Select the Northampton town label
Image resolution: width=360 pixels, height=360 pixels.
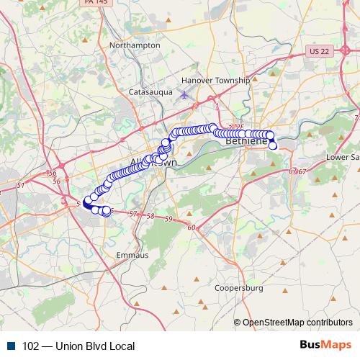134,45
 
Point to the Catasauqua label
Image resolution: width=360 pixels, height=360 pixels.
148,92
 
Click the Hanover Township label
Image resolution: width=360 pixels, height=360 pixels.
215,81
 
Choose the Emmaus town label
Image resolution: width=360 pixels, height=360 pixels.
132,255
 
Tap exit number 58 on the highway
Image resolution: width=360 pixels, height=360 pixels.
150,216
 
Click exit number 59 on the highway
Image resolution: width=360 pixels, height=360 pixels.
168,218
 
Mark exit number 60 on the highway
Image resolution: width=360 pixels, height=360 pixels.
191,228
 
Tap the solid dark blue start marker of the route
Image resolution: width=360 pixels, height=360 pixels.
87,204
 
